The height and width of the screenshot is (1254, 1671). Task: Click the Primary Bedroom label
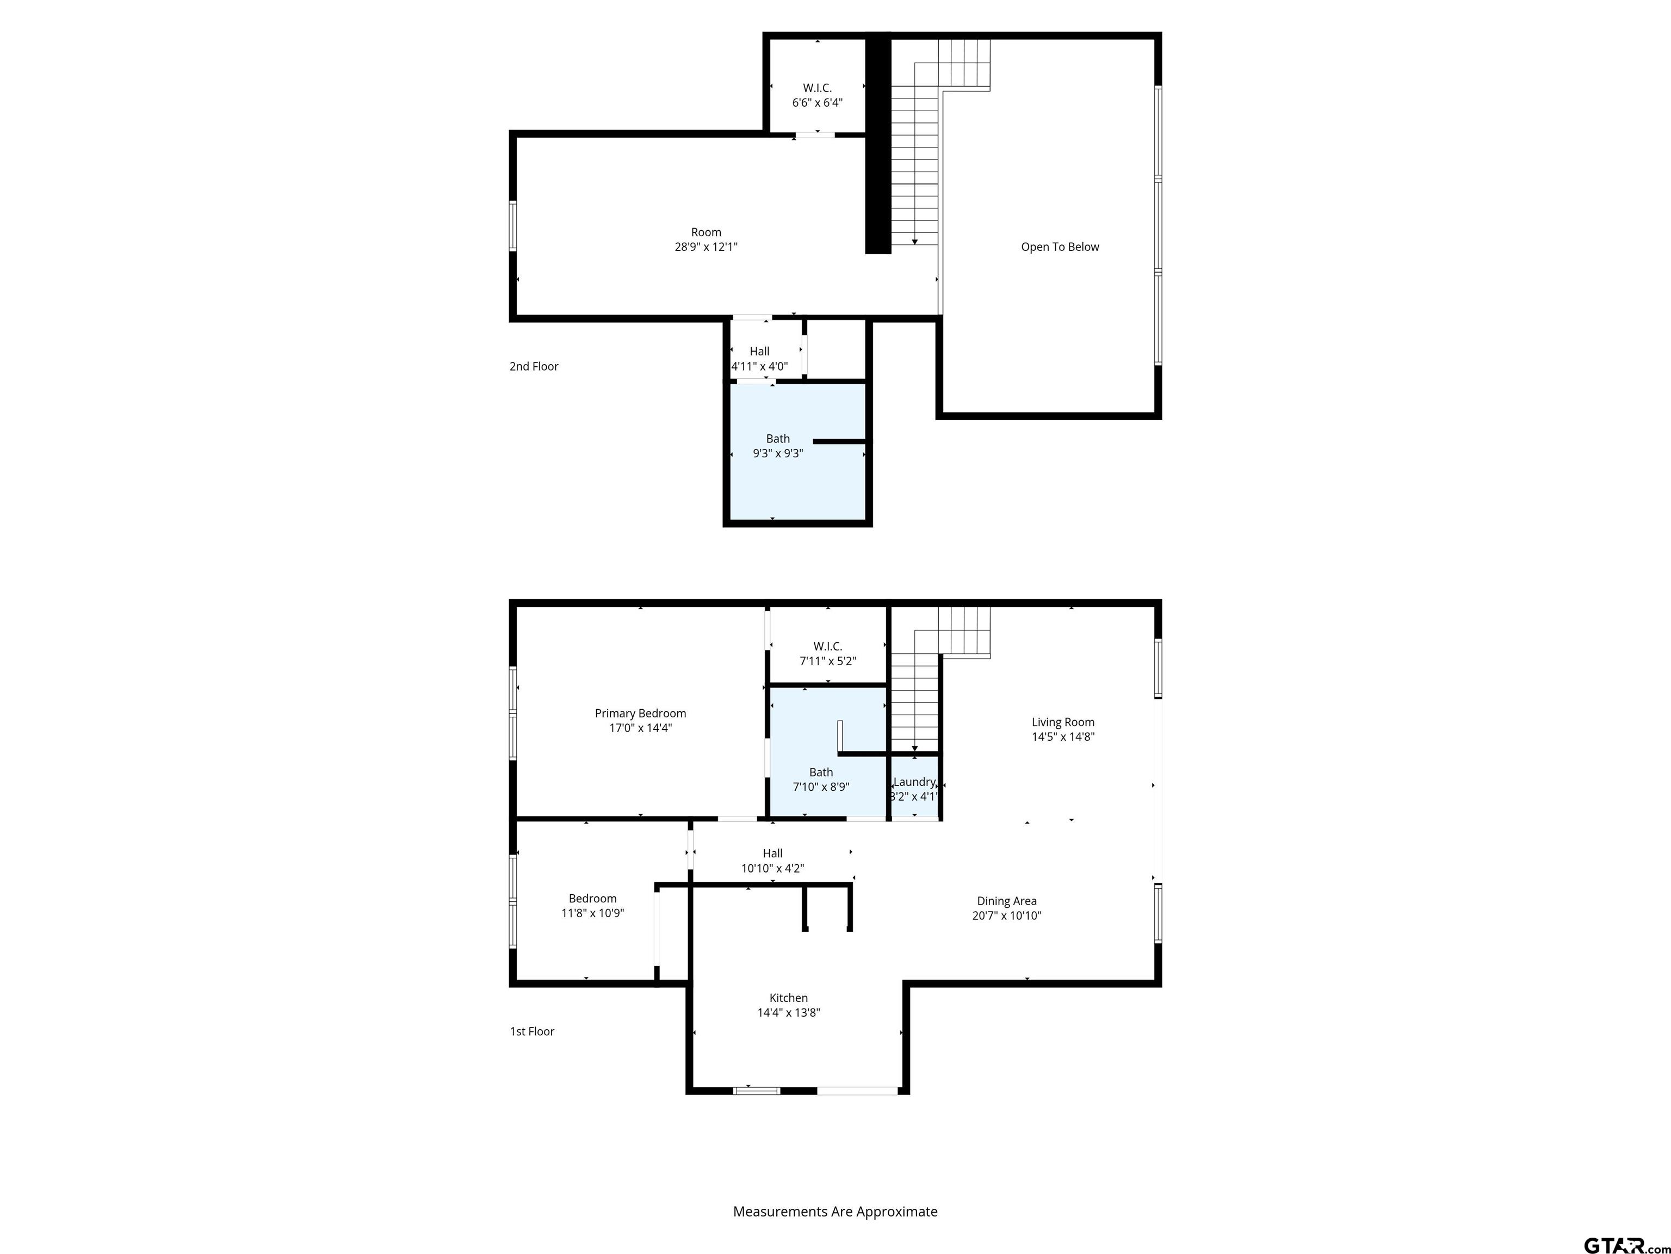[x=640, y=714]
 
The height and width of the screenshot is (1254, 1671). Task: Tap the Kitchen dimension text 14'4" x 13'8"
[x=789, y=1013]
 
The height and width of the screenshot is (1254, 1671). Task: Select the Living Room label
[x=1063, y=723]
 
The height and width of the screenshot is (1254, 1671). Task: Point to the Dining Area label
[x=1006, y=901]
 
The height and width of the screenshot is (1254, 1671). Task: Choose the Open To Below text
[x=1060, y=247]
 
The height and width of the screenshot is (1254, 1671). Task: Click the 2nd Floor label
[x=533, y=367]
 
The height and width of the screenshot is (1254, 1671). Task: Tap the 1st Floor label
[x=532, y=1032]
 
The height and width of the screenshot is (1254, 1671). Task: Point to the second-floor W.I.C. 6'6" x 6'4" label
[x=818, y=95]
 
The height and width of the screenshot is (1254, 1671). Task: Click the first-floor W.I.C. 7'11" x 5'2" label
[x=827, y=654]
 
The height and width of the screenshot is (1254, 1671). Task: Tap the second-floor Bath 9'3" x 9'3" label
[x=777, y=446]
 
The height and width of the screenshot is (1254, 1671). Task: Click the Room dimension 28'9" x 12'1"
[x=705, y=247]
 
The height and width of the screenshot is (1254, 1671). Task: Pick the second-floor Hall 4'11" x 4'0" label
[x=759, y=359]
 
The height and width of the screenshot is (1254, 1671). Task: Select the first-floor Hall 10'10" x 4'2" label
[x=772, y=861]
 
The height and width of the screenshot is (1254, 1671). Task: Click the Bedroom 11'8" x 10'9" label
[x=592, y=906]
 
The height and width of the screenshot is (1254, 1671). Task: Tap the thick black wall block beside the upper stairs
[x=878, y=144]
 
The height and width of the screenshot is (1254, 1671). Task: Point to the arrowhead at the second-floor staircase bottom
[x=915, y=242]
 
